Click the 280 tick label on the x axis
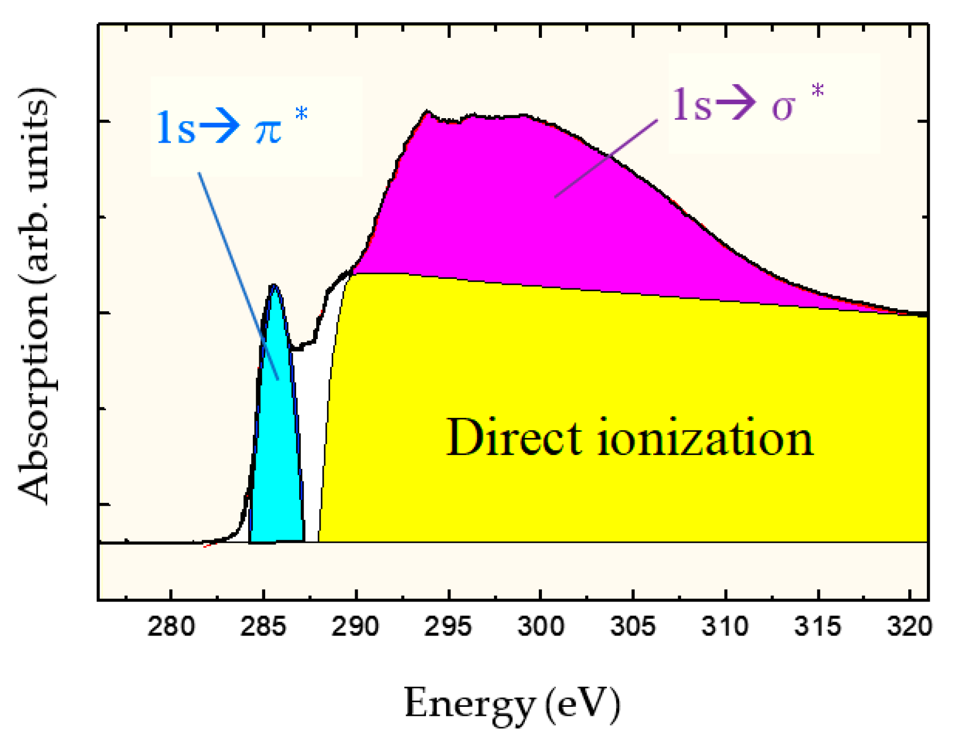click(x=170, y=627)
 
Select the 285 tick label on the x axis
click(x=263, y=627)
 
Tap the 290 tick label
click(x=355, y=627)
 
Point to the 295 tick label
click(x=448, y=627)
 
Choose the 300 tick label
click(x=540, y=627)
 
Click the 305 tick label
click(x=632, y=627)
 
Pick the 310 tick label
click(x=725, y=627)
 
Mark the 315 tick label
click(x=817, y=627)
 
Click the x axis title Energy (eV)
click(x=512, y=704)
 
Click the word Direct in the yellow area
click(x=514, y=438)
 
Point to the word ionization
click(x=705, y=438)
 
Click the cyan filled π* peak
click(x=277, y=452)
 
